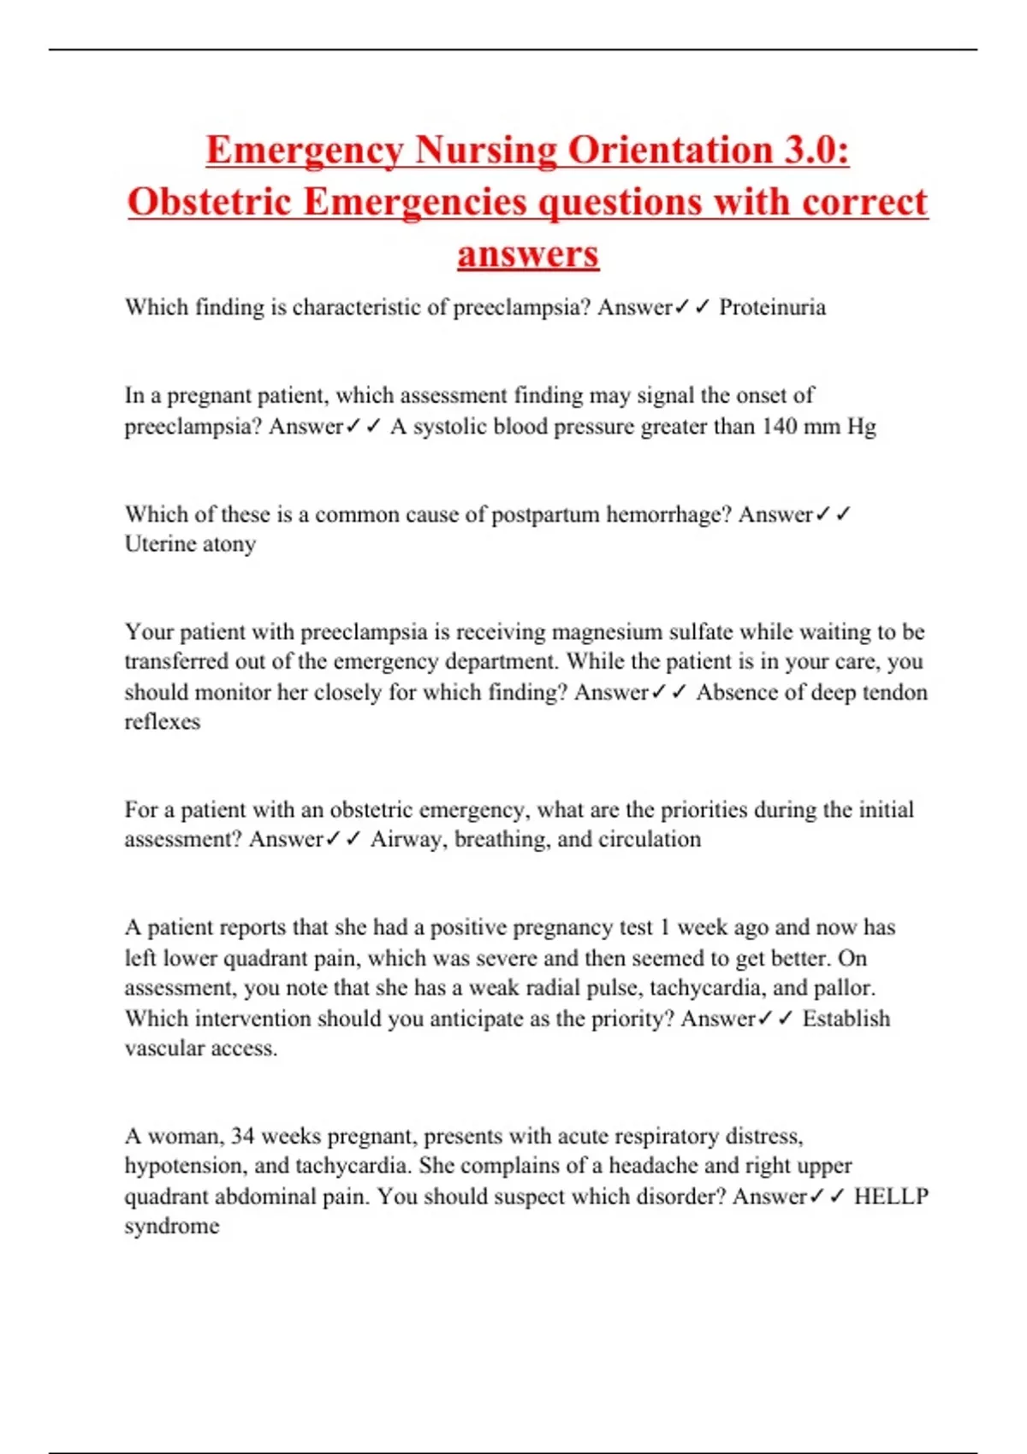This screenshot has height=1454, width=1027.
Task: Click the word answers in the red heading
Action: [x=528, y=254]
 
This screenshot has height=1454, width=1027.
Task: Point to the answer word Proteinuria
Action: [x=772, y=307]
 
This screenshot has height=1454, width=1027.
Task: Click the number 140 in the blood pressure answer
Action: [x=779, y=426]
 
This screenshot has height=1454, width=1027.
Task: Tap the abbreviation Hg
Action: [x=862, y=426]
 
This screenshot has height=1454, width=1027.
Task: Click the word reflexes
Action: [x=163, y=722]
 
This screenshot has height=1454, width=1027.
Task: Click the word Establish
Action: [x=846, y=1019]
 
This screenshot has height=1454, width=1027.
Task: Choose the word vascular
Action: [x=162, y=1049]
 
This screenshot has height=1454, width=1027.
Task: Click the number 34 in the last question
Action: [x=242, y=1137]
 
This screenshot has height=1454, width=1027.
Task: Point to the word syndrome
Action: [x=172, y=1227]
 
